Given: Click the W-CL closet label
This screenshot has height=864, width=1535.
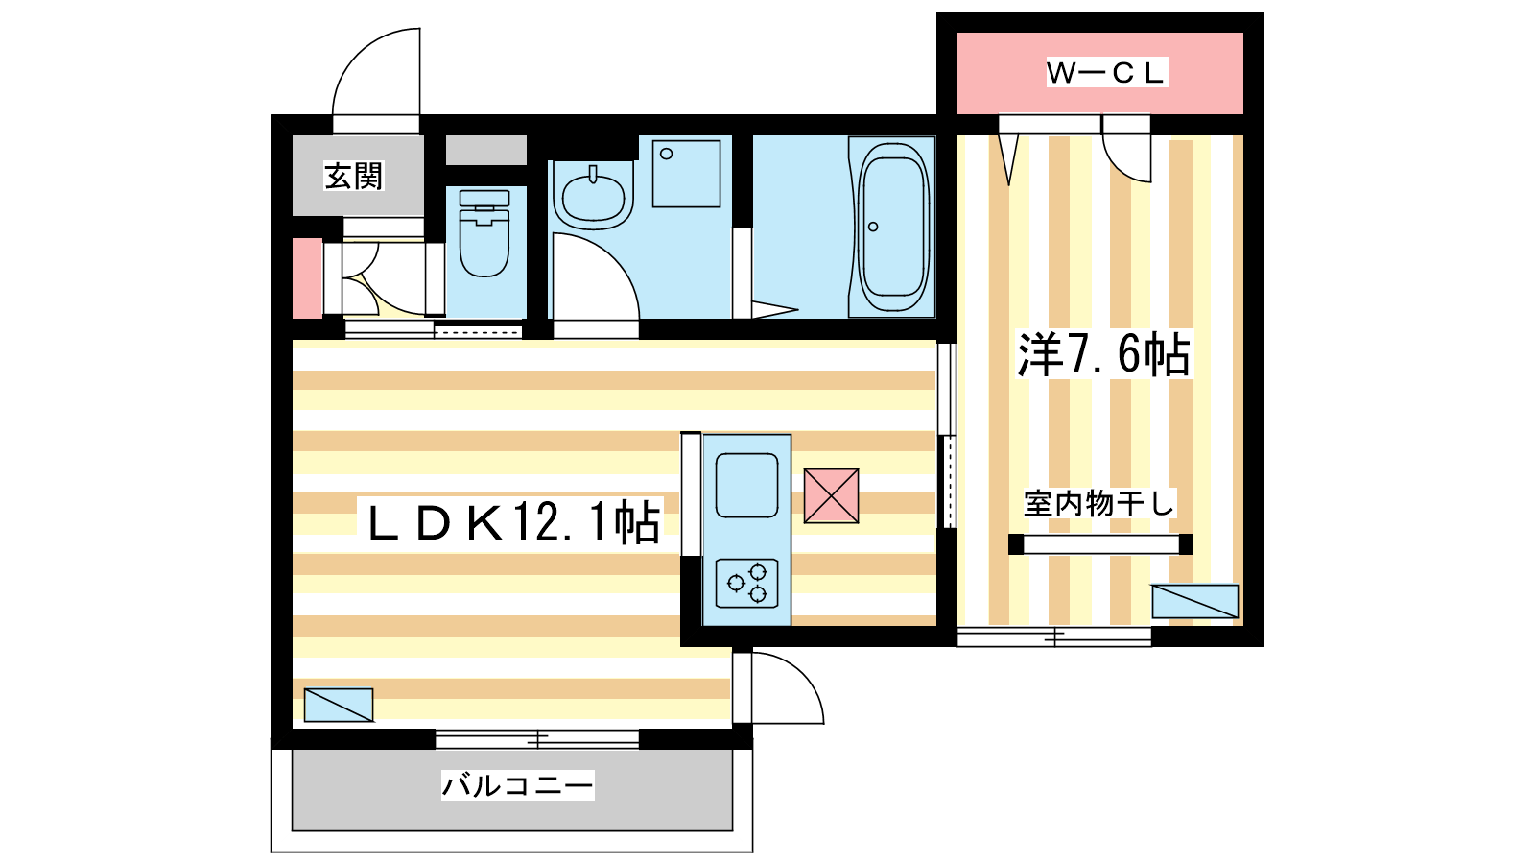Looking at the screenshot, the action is [1107, 73].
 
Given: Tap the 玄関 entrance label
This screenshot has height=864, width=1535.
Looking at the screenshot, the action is [353, 177].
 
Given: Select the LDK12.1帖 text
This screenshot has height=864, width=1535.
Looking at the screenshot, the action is [514, 523].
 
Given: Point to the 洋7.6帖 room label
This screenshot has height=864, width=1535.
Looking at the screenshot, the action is [1104, 354].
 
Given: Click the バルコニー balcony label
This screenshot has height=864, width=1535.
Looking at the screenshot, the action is [517, 785].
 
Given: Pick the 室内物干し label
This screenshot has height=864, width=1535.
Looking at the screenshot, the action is [1099, 504].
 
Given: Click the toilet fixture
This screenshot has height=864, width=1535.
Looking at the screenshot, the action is [484, 233].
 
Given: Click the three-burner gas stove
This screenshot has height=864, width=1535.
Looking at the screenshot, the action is [747, 584].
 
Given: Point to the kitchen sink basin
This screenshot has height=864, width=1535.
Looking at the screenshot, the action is [747, 486].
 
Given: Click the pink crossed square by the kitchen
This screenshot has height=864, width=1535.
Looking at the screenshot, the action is [831, 495].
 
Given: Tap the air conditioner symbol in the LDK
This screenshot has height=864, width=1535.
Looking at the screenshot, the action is [339, 705].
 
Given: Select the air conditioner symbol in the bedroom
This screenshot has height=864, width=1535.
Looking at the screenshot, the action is [1194, 601].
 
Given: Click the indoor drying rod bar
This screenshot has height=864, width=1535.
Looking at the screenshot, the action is [1100, 544].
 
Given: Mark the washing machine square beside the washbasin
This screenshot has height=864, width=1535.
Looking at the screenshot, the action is [686, 174].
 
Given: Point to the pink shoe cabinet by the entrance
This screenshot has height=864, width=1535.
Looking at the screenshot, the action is [308, 278].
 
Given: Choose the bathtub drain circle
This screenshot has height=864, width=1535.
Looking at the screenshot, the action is [873, 227].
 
